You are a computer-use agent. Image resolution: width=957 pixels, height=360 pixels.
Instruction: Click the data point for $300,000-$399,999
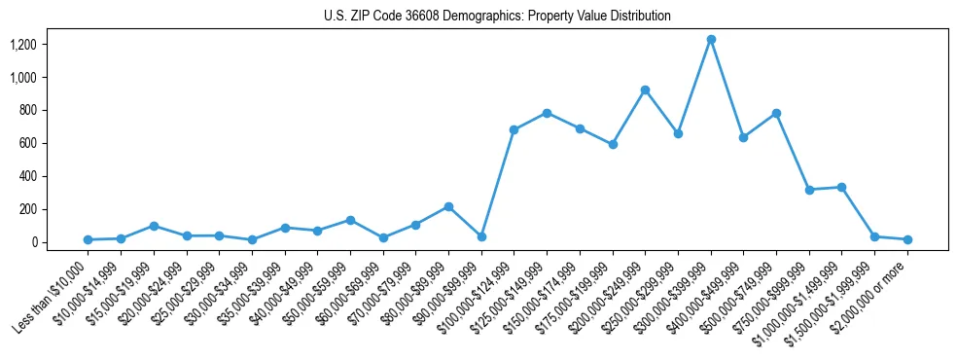[711, 40]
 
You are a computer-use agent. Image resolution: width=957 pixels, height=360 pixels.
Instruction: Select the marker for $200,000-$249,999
[645, 90]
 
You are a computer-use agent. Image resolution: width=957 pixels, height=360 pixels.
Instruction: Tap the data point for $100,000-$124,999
[514, 129]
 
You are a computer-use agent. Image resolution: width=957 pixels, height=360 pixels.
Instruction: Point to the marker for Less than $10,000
[88, 239]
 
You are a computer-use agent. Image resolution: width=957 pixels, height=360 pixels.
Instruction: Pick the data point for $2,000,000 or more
[907, 239]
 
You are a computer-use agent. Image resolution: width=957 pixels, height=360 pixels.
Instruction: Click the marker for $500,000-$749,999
[776, 113]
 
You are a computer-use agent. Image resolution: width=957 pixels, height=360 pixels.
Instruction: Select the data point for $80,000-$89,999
[448, 206]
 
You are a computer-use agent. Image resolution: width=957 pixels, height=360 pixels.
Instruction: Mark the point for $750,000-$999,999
[809, 190]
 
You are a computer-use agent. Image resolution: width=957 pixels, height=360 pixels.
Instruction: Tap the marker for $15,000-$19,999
[154, 226]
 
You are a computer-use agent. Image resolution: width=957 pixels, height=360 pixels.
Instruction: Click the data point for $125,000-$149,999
[547, 113]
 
